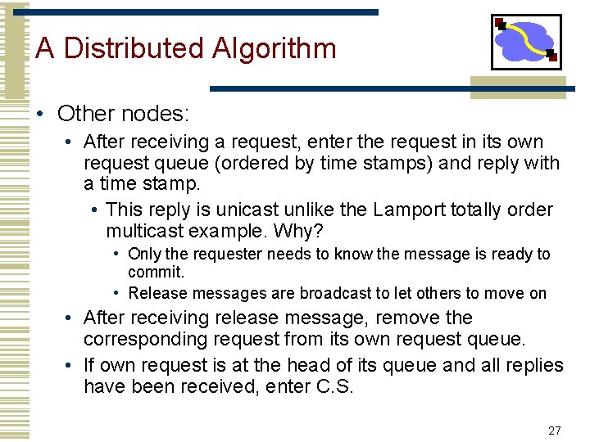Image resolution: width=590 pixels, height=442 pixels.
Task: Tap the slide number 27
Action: point(555,431)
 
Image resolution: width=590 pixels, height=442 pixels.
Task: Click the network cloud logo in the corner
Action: point(525,41)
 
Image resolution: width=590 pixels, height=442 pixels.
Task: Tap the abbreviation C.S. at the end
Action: point(335,386)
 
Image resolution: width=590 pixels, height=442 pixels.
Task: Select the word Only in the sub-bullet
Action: point(143,255)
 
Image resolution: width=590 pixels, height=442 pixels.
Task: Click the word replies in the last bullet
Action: point(533,365)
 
